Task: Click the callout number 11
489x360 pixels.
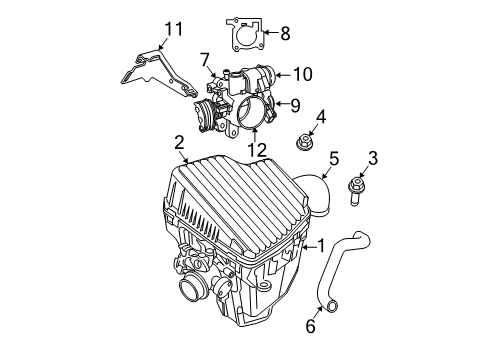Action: tap(175, 29)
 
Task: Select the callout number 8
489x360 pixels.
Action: tap(284, 34)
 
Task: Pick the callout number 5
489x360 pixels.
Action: tap(334, 157)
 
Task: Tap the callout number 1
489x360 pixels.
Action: tap(321, 245)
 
